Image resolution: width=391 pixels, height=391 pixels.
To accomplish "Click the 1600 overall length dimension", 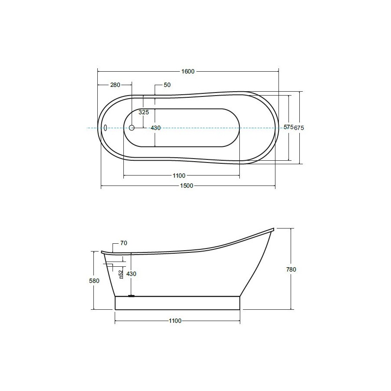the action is [188, 72].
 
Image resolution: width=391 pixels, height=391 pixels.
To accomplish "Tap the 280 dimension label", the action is [115, 85].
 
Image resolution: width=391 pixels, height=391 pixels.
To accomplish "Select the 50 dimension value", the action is [167, 85].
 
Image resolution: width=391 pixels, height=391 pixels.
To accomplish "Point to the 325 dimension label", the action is [144, 112].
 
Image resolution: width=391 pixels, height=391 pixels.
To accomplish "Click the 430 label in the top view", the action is [156, 128].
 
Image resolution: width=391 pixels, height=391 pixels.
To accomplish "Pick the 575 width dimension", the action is [288, 127].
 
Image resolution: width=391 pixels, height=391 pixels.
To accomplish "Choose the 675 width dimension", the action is [299, 128].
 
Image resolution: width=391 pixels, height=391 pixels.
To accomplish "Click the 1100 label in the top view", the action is [179, 176].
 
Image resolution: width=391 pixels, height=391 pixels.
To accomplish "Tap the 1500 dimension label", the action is [187, 186].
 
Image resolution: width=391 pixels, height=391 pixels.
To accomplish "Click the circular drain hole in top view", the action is [132, 128].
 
